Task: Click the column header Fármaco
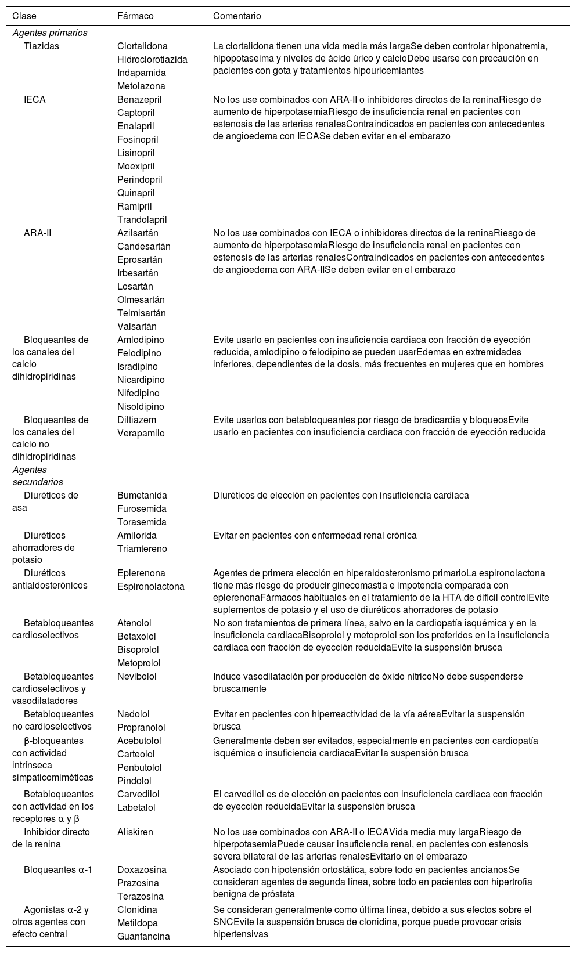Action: coord(135,16)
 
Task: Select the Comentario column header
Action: coord(237,16)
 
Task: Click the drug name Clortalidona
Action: coord(142,46)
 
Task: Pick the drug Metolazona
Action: coord(141,86)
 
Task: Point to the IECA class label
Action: coord(35,99)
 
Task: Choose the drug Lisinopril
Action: coord(138,153)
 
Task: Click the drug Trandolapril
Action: coord(142,219)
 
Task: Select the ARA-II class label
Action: coord(36,233)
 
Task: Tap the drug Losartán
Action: coord(135,286)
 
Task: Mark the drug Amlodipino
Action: coord(141,340)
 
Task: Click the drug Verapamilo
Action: coord(141,433)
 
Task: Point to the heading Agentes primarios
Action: coord(50,33)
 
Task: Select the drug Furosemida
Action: coord(142,508)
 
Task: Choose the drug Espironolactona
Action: coord(150,586)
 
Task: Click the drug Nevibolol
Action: coord(136,676)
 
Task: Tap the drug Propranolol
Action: coord(141,727)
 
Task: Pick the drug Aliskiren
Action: coord(135,832)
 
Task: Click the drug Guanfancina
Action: coord(143,936)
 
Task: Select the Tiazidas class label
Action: coord(41,46)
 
